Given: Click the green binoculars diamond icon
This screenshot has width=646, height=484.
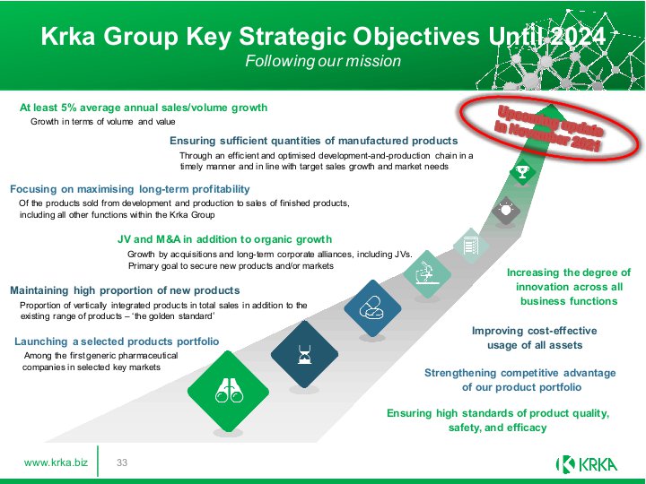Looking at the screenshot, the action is pyautogui.click(x=228, y=391).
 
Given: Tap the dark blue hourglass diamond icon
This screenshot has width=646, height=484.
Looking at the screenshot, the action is pyautogui.click(x=304, y=354).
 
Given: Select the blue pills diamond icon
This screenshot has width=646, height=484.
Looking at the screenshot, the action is pyautogui.click(x=372, y=308).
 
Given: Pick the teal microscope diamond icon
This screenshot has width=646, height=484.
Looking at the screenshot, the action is pyautogui.click(x=427, y=273).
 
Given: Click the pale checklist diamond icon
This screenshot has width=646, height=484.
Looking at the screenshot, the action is pyautogui.click(x=471, y=246).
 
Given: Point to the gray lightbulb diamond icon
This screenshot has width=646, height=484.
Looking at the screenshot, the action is pyautogui.click(x=506, y=211).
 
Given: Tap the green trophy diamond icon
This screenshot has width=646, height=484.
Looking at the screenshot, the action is pyautogui.click(x=522, y=171).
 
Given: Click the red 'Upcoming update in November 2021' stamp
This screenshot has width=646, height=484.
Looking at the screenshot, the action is pyautogui.click(x=549, y=127).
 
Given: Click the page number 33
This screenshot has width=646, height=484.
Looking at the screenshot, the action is pyautogui.click(x=122, y=462).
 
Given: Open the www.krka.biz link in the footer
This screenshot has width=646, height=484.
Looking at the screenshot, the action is pyautogui.click(x=56, y=462).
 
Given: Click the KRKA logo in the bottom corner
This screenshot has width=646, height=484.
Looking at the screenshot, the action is pyautogui.click(x=587, y=464).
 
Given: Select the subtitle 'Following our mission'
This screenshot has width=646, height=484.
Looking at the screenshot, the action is pyautogui.click(x=323, y=61).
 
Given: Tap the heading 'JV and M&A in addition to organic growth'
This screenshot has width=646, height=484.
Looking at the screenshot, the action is pyautogui.click(x=224, y=239).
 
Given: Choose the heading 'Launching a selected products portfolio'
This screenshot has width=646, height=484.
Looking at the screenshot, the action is pyautogui.click(x=117, y=341).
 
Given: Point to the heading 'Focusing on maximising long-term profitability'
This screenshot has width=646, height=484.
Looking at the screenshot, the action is pyautogui.click(x=130, y=189).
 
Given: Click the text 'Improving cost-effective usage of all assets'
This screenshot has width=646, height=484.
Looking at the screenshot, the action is pyautogui.click(x=535, y=338).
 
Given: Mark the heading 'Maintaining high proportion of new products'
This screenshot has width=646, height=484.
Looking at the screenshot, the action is pyautogui.click(x=125, y=290).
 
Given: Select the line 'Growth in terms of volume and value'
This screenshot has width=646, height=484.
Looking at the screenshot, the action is pyautogui.click(x=103, y=121).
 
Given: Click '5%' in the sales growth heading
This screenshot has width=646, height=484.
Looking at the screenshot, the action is pyautogui.click(x=68, y=108).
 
